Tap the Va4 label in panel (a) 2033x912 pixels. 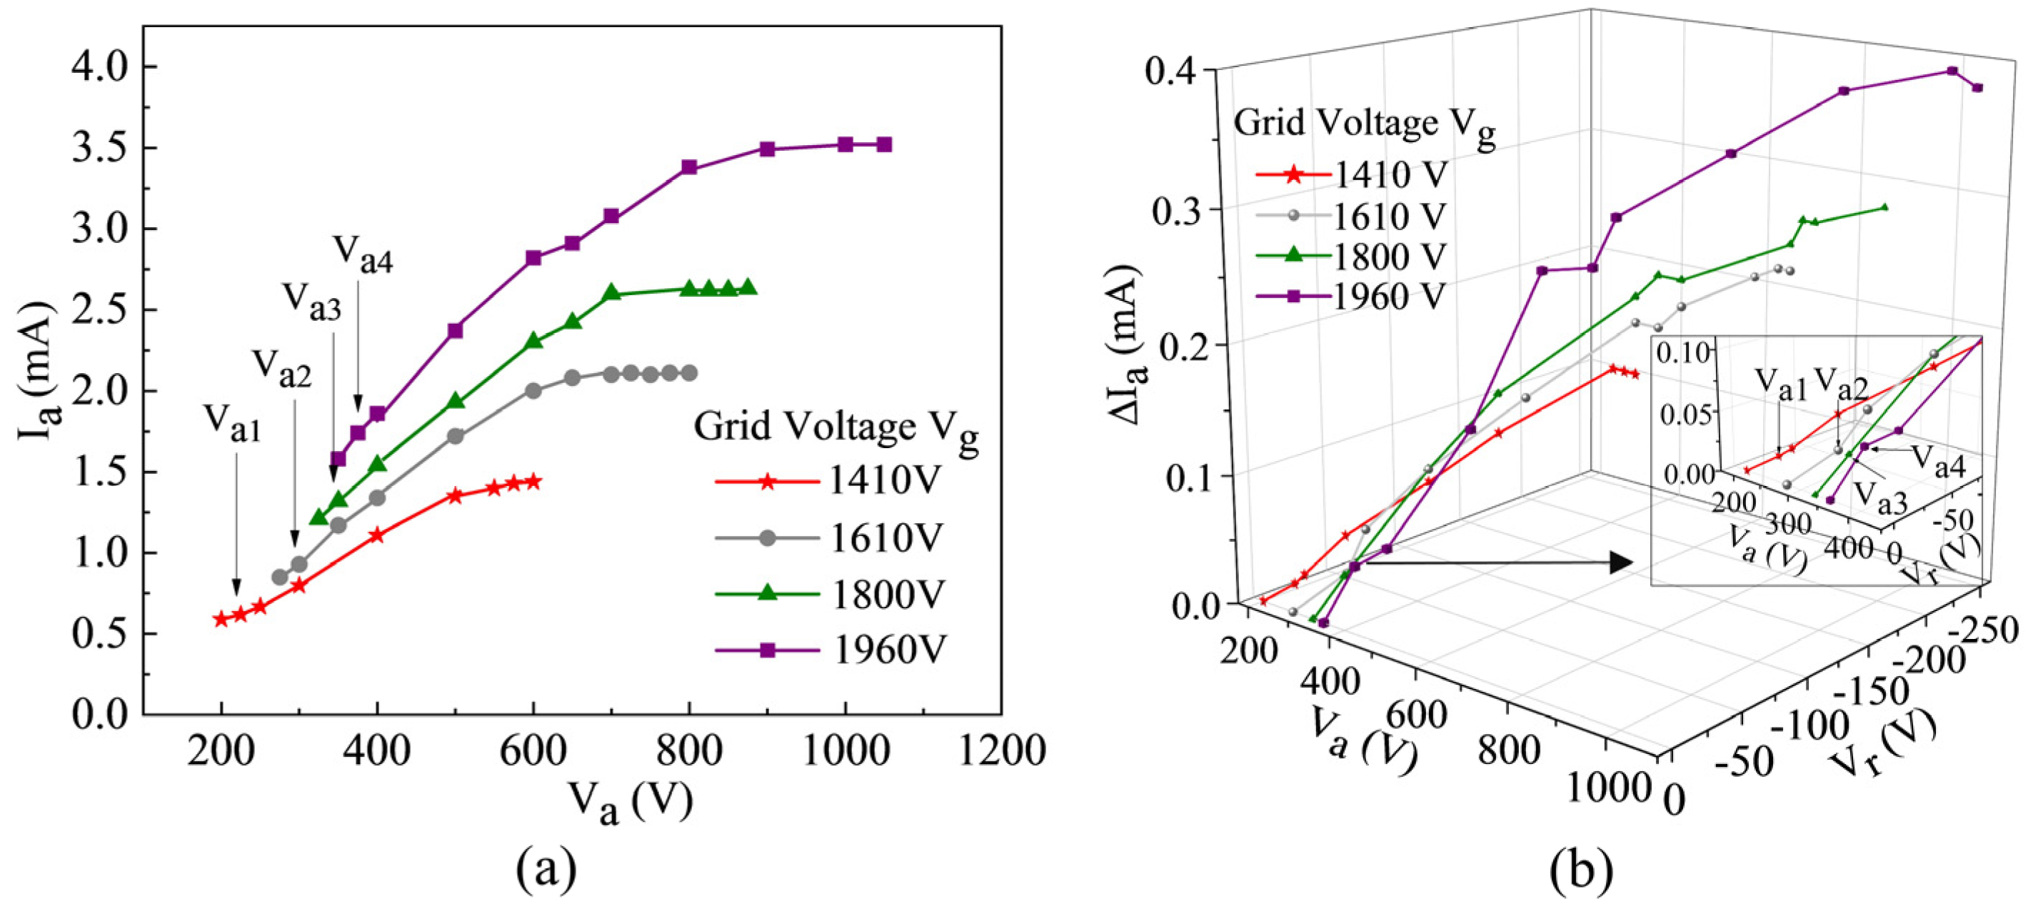click(x=362, y=254)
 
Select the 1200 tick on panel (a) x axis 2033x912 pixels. click(x=1000, y=750)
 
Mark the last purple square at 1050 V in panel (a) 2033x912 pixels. click(x=884, y=144)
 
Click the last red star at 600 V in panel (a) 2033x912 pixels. click(x=533, y=481)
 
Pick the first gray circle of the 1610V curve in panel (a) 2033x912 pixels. click(x=279, y=578)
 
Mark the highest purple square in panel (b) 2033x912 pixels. click(x=1952, y=71)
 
